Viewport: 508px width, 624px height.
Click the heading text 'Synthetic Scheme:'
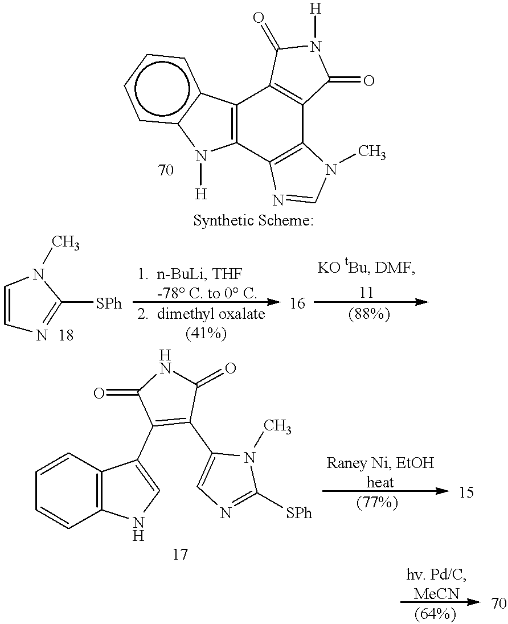pos(253,220)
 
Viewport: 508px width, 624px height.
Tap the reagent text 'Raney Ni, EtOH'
pos(380,463)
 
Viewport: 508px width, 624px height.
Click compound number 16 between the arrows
pos(297,303)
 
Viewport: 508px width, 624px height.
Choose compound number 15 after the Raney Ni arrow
pos(466,492)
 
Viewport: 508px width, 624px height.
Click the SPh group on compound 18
pos(108,303)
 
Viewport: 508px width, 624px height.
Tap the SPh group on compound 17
pos(298,514)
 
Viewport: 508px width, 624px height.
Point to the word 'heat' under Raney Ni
pos(380,482)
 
